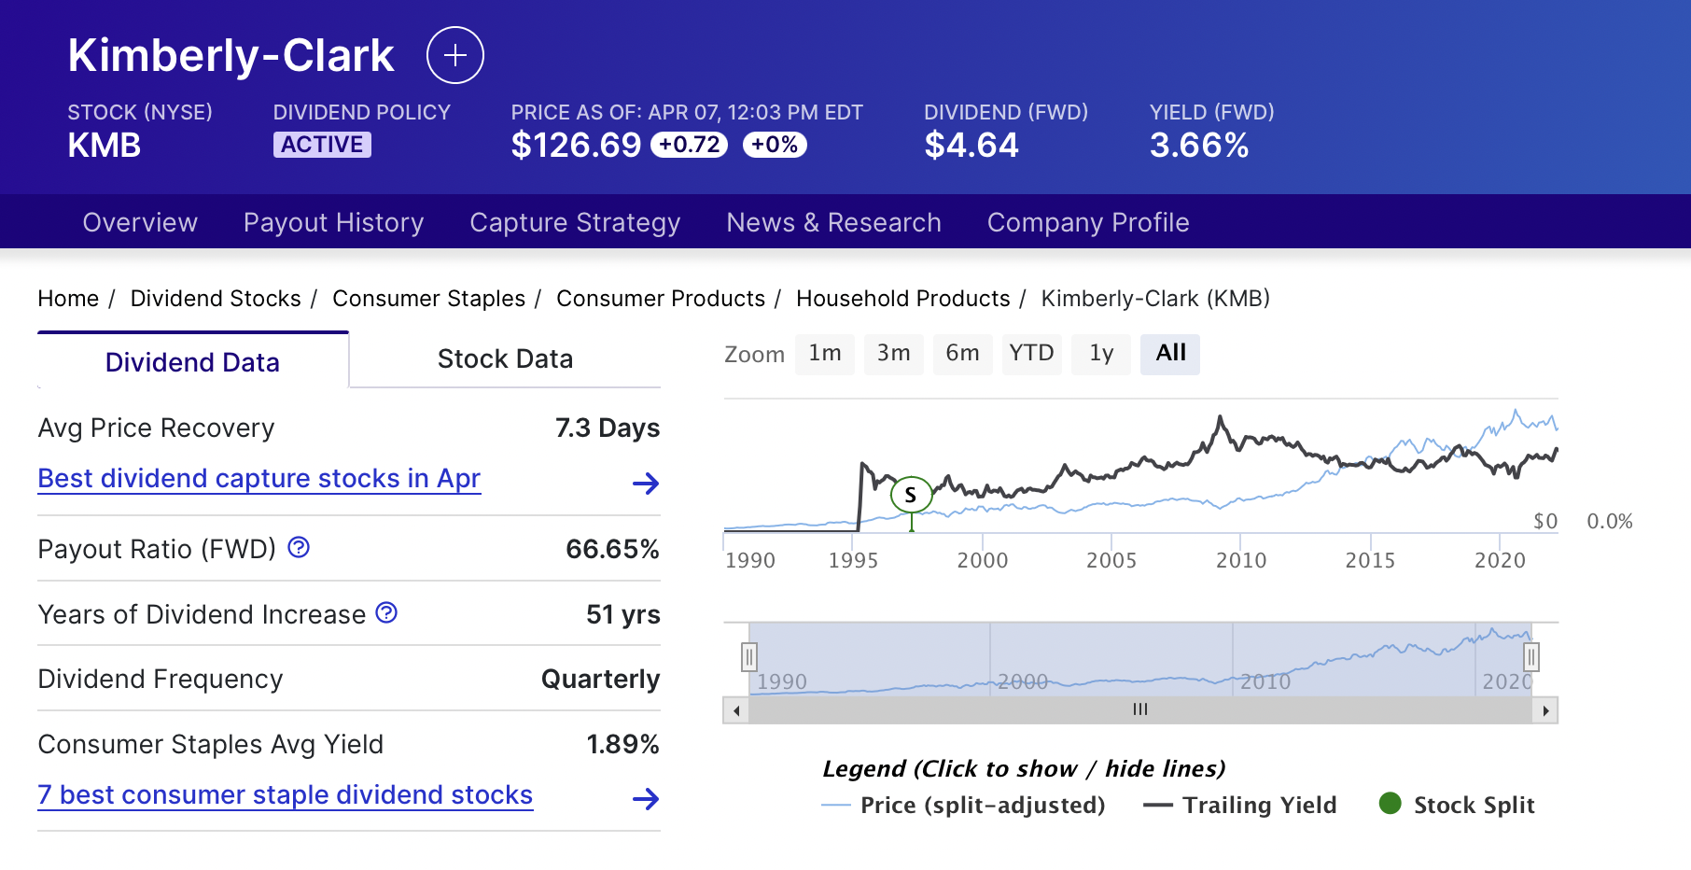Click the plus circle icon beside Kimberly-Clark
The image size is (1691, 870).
coord(454,56)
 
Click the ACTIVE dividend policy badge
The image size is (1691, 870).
coord(322,145)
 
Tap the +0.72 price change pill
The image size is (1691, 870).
coord(689,145)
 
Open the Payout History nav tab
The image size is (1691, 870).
coord(333,222)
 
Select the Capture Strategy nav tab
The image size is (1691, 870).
coord(575,222)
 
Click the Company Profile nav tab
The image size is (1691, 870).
coord(1088,222)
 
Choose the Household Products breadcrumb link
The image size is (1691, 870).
coord(902,299)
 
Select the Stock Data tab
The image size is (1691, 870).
coord(505,359)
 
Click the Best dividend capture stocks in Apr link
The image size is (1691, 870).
coord(259,479)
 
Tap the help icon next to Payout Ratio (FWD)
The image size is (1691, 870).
coord(299,547)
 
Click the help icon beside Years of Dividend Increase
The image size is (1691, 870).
coord(386,612)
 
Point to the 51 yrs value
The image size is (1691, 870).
coord(622,614)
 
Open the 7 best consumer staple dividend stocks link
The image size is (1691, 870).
coord(285,795)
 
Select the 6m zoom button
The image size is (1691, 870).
coord(962,354)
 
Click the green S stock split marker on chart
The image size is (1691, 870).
coord(911,495)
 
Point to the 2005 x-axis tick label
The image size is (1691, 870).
coord(1111,560)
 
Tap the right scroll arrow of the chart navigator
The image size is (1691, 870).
coord(1545,711)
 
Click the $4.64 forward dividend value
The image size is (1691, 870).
coord(971,146)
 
